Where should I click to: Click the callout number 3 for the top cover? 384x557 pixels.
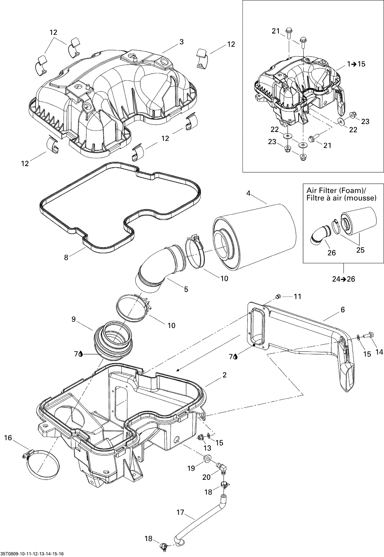tap(181, 42)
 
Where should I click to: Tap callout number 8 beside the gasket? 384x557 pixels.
tap(66, 257)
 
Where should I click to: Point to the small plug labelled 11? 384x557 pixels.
tap(278, 296)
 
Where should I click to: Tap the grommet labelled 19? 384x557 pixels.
tap(207, 458)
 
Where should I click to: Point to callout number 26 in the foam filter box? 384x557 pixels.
tap(332, 253)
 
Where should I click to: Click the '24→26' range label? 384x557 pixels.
tap(344, 279)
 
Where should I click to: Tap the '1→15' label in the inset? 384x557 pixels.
tap(356, 64)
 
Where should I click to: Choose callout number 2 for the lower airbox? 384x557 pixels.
tap(225, 375)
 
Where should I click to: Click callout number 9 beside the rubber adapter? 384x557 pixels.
tap(73, 319)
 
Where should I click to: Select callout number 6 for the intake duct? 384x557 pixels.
tap(343, 310)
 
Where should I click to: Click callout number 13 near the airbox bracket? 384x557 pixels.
tap(207, 448)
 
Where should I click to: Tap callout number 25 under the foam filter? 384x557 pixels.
tap(360, 250)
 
